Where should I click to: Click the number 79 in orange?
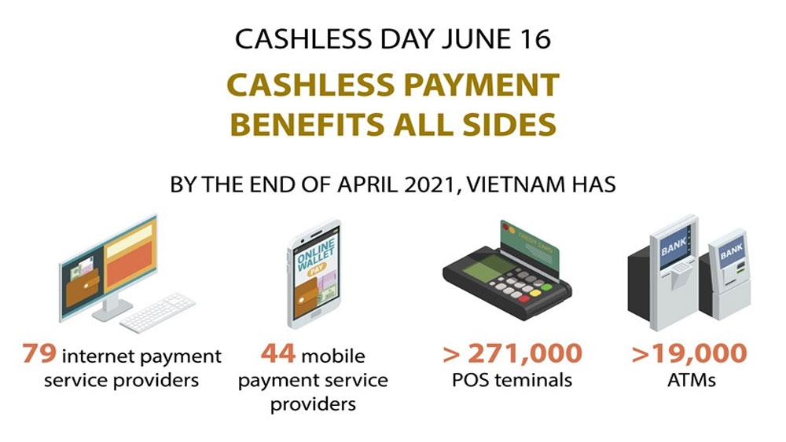(39, 353)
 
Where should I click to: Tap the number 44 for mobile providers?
(278, 353)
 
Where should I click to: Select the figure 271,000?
(525, 354)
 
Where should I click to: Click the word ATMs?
(691, 380)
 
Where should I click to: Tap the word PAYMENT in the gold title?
(481, 85)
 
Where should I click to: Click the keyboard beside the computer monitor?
(157, 312)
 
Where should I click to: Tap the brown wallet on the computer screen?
(83, 287)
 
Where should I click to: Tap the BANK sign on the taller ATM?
(674, 246)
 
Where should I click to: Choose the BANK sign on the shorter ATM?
(731, 250)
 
